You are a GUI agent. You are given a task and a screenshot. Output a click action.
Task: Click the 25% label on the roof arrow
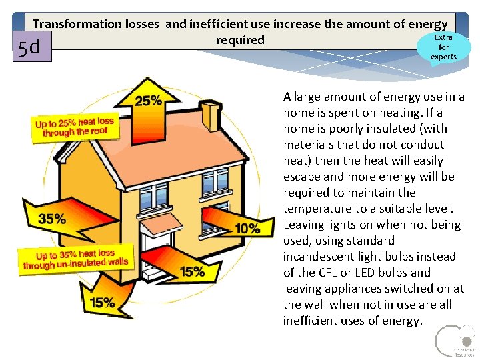[148, 101]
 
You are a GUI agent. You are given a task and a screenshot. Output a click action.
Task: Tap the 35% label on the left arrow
[51, 219]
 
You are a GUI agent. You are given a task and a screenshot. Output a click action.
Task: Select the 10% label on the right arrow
[247, 229]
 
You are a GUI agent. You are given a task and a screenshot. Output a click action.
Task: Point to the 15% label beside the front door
[192, 271]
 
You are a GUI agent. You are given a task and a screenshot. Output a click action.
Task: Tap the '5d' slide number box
[31, 47]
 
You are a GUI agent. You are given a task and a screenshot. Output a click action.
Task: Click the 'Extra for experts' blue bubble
[443, 47]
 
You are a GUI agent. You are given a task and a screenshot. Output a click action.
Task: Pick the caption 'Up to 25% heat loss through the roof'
[75, 127]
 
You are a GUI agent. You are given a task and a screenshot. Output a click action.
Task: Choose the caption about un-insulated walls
[75, 259]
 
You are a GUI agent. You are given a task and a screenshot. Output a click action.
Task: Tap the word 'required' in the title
[240, 40]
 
